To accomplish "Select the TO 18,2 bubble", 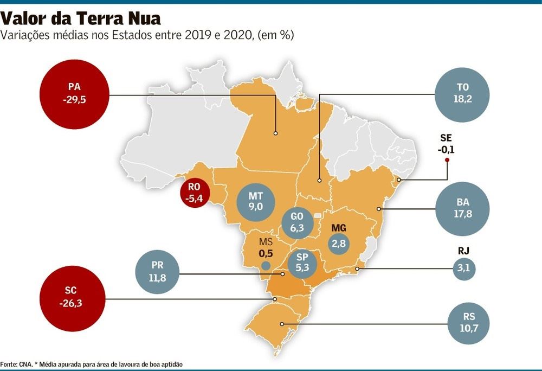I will pos(462,95).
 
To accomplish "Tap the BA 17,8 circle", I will pos(462,209).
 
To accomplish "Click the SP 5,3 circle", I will pos(302,263).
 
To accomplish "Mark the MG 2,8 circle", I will pos(338,240).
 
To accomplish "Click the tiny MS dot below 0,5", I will pos(266,265).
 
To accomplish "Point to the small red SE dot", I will pos(447,160).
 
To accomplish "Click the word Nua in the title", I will pos(139,19).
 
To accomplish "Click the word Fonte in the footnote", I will pos(10,363).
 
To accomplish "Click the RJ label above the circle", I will pos(463,251).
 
